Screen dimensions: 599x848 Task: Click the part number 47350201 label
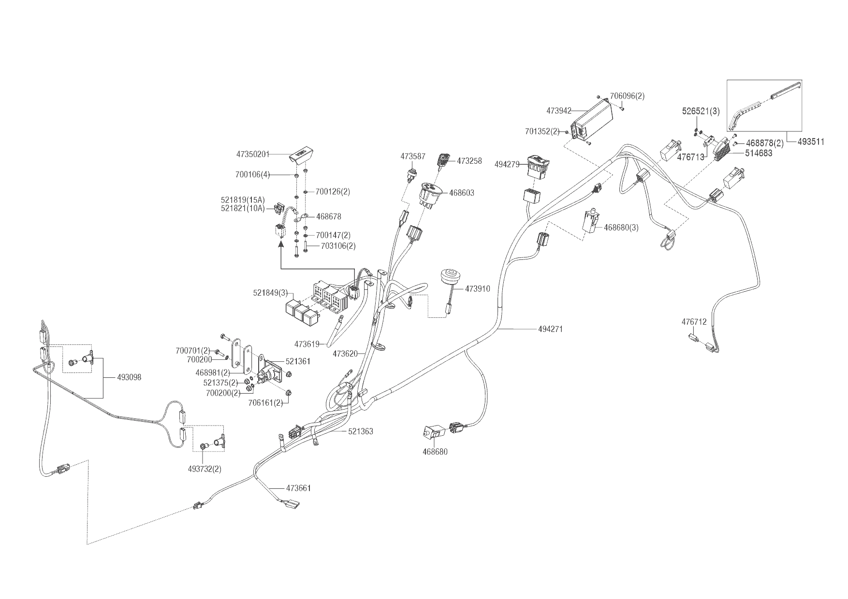click(x=252, y=154)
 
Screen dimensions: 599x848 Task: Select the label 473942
click(x=559, y=111)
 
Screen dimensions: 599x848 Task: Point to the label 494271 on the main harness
click(x=550, y=329)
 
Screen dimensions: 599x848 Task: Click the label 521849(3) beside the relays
click(x=270, y=293)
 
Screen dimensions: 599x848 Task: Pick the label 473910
click(x=477, y=289)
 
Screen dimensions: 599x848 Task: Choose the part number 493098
click(x=129, y=377)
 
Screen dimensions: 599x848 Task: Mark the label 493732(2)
click(x=208, y=469)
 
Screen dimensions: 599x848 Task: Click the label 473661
click(x=298, y=488)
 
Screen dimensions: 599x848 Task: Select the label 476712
click(x=694, y=322)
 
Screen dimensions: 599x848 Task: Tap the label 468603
click(x=462, y=193)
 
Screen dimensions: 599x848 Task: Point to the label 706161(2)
click(x=265, y=403)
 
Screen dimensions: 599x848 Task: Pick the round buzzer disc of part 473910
click(x=451, y=277)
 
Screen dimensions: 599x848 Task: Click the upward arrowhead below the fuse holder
click(x=280, y=245)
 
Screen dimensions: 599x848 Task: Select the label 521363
click(x=360, y=431)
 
